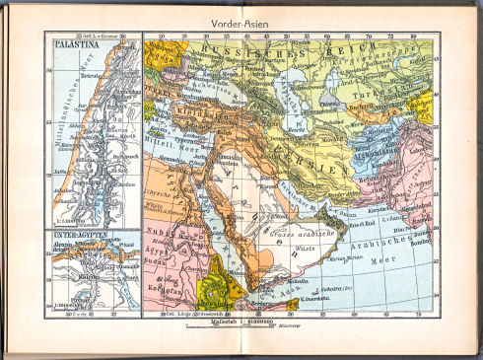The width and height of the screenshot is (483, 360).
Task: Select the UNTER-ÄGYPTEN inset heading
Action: (x=76, y=235)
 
